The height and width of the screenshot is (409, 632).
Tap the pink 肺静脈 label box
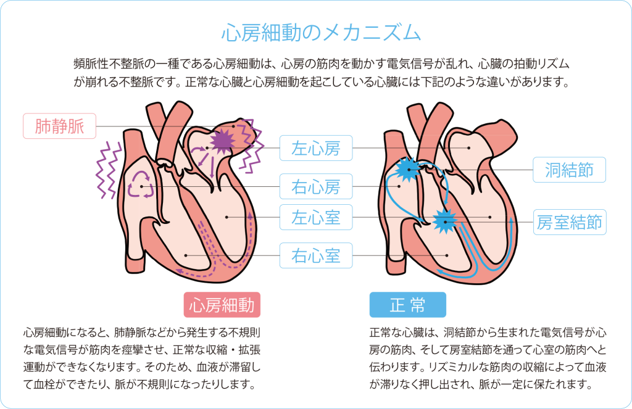[59, 126]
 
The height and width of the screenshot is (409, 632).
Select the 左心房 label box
[315, 148]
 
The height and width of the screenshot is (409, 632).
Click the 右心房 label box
[315, 184]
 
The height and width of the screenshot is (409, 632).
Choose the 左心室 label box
[315, 217]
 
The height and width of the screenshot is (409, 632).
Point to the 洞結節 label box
[569, 169]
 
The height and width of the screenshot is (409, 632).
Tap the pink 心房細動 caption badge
[222, 305]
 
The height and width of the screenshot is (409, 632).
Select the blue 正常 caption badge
[407, 305]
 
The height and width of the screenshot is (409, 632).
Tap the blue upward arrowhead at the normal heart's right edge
[512, 220]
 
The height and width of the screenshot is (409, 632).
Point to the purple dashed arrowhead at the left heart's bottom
[179, 270]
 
